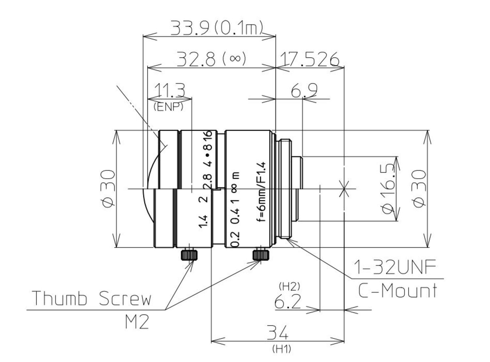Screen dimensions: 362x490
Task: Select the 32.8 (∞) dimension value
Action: click(211, 59)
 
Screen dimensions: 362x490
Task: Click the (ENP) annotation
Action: click(168, 107)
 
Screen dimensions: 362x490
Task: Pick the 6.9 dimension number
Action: click(304, 90)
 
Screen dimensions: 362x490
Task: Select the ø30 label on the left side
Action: click(109, 189)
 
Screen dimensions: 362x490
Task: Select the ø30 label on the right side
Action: click(419, 189)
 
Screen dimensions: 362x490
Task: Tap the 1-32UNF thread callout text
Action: click(395, 268)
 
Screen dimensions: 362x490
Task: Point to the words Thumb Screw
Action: click(92, 298)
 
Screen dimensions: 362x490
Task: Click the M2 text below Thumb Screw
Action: click(137, 322)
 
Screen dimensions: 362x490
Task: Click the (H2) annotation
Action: click(289, 287)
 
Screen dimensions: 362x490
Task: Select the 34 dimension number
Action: click(278, 333)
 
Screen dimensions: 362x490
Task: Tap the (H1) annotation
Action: click(282, 349)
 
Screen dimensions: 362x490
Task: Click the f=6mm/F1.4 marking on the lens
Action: click(261, 192)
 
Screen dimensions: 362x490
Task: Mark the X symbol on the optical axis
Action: click(344, 189)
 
